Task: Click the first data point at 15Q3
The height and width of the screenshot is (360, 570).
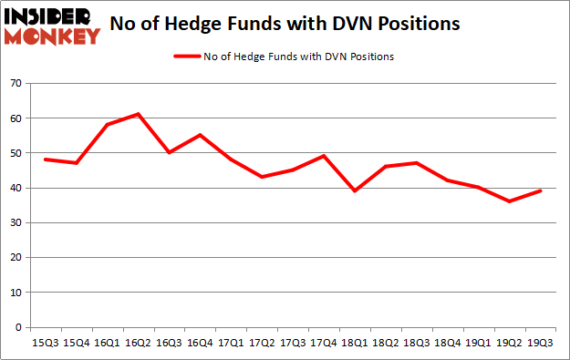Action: pyautogui.click(x=46, y=159)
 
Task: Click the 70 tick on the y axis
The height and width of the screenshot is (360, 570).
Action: pyautogui.click(x=16, y=83)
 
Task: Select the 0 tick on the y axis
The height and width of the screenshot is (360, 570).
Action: pyautogui.click(x=19, y=328)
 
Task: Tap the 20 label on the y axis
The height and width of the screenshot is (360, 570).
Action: pyautogui.click(x=16, y=258)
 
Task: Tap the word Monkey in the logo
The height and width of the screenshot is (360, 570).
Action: pyautogui.click(x=52, y=37)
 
